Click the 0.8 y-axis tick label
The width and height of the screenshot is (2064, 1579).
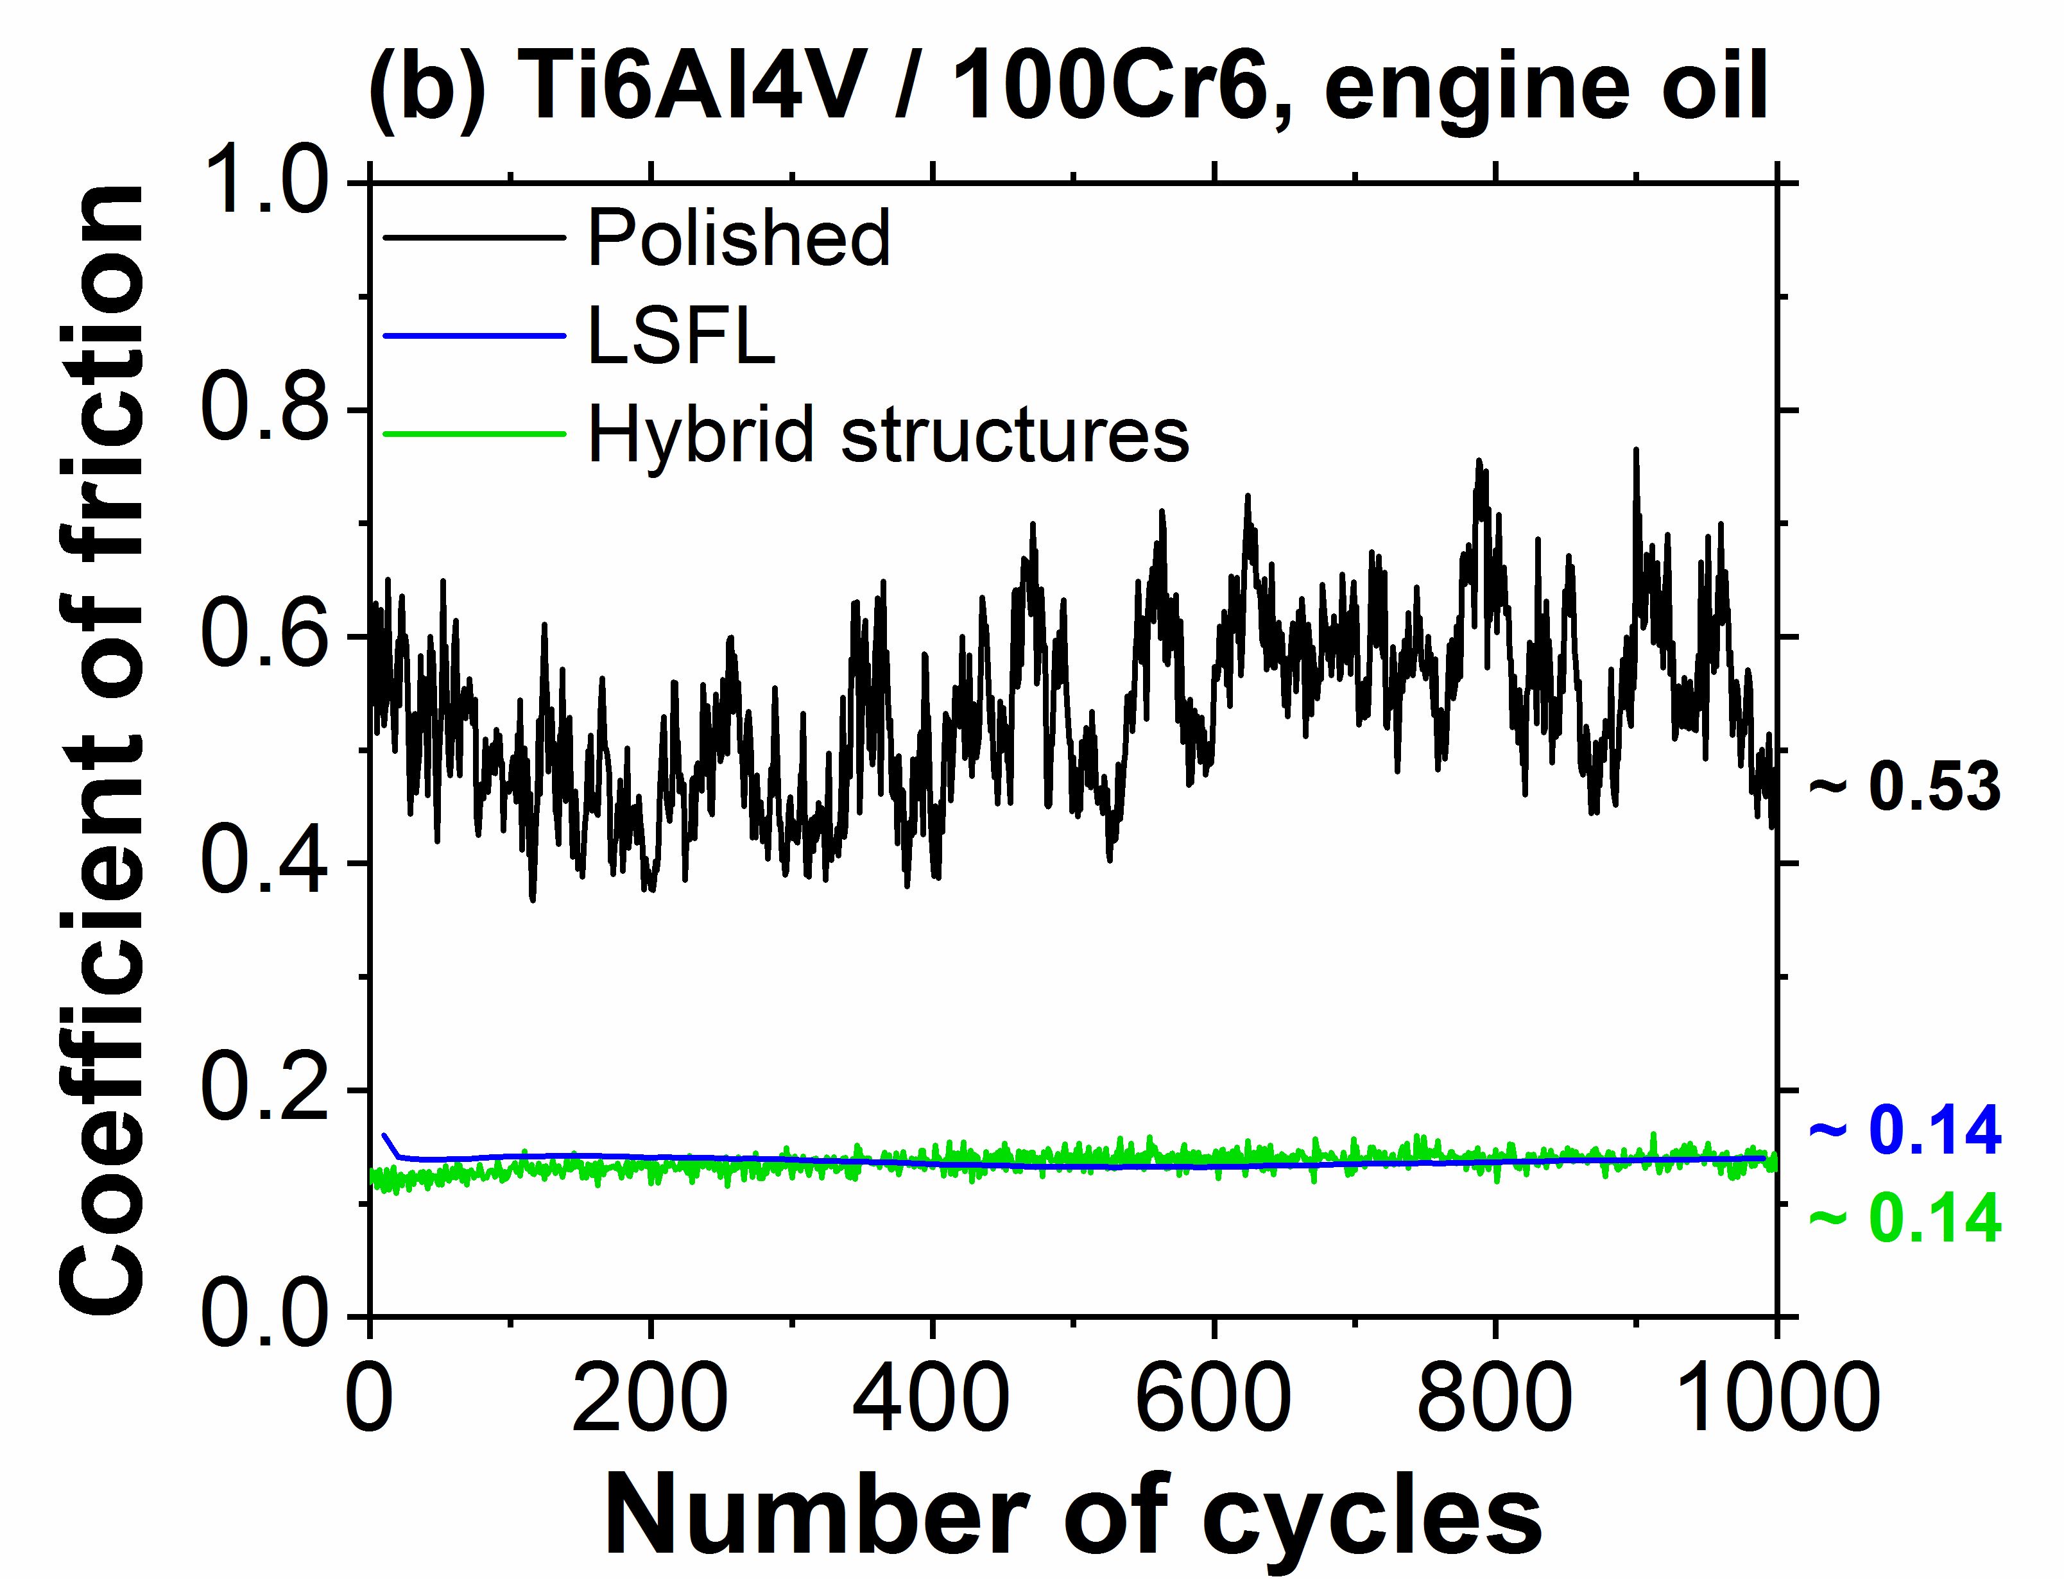266,410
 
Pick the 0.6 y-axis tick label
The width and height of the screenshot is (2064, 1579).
266,636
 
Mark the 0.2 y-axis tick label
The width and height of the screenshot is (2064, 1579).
266,1089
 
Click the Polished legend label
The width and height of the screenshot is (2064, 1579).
739,239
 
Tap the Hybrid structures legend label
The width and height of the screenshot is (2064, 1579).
888,434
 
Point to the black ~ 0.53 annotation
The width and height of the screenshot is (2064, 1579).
1905,788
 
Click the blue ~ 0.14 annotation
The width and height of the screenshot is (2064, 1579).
1905,1131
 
